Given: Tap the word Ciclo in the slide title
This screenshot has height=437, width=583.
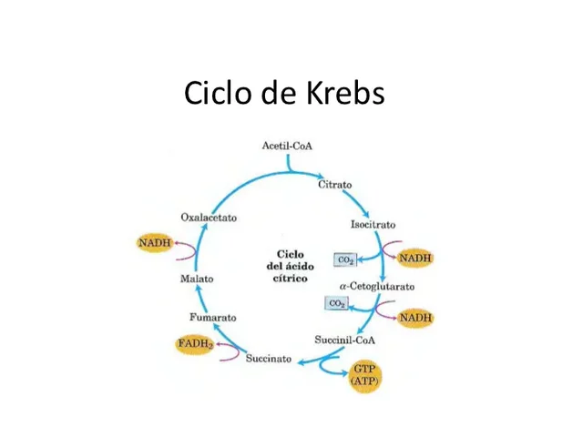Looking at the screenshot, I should (x=217, y=93).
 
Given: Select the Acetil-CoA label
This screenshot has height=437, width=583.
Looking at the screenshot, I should (x=287, y=146).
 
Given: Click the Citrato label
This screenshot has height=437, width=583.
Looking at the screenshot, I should (x=334, y=185).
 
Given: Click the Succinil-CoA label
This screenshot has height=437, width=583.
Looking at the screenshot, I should (x=344, y=340).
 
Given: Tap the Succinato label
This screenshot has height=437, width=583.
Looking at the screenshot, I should (x=269, y=359).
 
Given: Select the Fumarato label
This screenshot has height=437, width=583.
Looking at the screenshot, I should (x=213, y=318).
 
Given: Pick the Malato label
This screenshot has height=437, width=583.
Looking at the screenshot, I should (x=196, y=279).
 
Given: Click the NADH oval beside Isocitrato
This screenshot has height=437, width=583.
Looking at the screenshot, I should (x=414, y=259).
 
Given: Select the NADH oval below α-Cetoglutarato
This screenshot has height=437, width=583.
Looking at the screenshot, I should (x=414, y=318).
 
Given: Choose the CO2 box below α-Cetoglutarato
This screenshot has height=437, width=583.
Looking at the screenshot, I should (x=336, y=303).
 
